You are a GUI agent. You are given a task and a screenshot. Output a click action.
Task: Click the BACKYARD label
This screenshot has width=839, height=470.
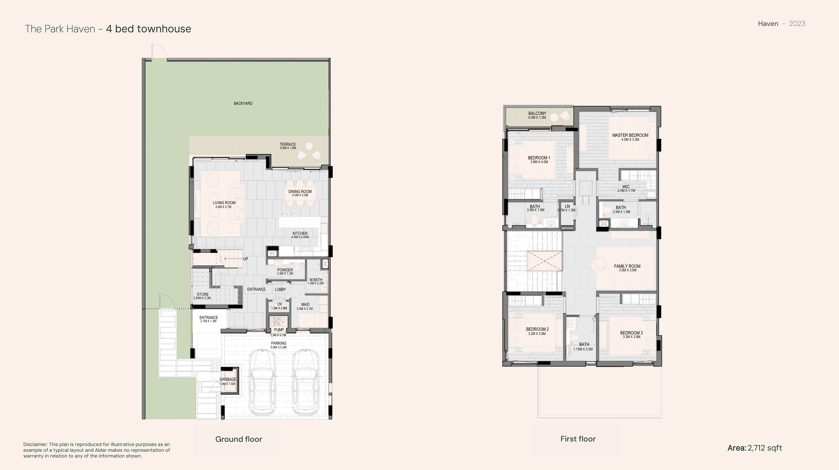coord(243,103)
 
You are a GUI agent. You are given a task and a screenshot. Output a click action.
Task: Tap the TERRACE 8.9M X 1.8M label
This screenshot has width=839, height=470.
coord(288,146)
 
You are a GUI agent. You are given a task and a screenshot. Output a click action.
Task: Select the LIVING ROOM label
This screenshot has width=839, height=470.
coord(224,204)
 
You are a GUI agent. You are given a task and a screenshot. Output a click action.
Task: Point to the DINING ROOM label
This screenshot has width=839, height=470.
coord(300,193)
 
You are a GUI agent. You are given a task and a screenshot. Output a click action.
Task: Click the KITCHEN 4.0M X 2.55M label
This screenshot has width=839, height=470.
coord(300,235)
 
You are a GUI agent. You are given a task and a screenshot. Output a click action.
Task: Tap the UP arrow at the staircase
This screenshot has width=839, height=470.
coord(235,259)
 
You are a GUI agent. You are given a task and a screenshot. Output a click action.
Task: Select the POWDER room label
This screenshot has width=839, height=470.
coord(285,272)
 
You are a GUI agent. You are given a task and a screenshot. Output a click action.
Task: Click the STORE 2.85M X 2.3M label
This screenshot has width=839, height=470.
coord(202,296)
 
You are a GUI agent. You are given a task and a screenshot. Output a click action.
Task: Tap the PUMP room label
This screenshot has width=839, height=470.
coord(279,331)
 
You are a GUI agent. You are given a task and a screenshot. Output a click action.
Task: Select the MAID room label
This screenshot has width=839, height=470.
coord(305,306)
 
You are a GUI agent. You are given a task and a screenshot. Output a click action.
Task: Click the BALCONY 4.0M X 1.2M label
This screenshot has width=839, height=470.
coord(537,115)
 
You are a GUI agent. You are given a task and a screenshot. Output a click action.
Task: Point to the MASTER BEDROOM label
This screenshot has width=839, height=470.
coord(630,137)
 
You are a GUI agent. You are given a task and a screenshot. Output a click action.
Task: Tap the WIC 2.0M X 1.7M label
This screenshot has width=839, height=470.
coord(626,188)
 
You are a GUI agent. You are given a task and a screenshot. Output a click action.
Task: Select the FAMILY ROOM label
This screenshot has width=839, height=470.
coord(627,268)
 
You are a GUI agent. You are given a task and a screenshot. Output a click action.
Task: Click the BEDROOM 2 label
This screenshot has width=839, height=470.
coord(537,331)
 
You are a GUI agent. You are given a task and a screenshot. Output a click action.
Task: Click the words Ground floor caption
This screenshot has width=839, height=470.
coord(239,439)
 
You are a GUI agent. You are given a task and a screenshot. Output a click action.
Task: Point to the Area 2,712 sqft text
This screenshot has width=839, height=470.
coord(754,448)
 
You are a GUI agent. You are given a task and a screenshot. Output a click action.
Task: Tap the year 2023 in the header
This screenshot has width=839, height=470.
coord(797,23)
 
